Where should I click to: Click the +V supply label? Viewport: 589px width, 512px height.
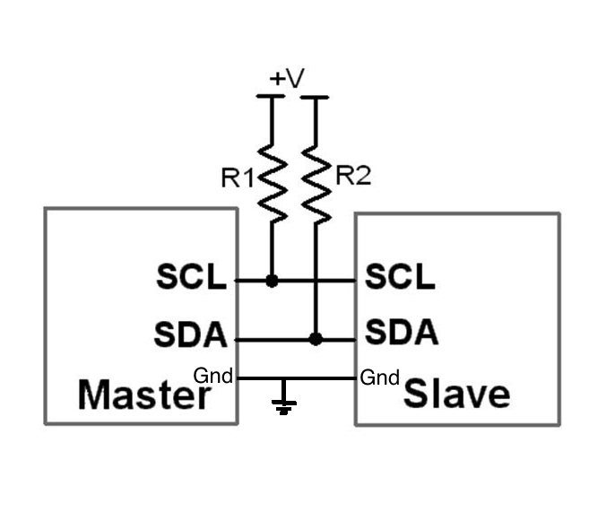coord(287,79)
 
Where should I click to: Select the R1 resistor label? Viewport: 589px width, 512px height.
coord(238,178)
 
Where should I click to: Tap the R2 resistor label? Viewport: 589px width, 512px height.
coord(352,177)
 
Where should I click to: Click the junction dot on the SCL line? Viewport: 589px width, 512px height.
coord(272,281)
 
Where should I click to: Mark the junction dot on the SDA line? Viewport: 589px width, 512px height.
coord(315,339)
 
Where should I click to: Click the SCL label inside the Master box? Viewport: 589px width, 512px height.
coord(192,278)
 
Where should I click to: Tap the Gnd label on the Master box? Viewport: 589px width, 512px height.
coord(213,377)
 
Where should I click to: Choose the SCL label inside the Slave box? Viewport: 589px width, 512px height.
coord(400,277)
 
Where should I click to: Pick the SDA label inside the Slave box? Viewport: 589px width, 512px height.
coord(402,333)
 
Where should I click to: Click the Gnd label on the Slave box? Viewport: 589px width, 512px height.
coord(379,378)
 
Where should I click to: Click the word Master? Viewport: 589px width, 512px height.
coord(143,395)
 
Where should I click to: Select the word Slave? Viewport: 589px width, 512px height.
coord(456,394)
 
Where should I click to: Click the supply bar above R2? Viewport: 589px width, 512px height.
coord(315,97)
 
